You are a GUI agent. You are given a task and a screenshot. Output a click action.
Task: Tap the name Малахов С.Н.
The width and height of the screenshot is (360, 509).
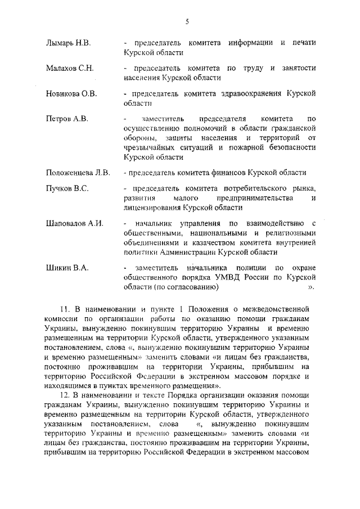click(70, 67)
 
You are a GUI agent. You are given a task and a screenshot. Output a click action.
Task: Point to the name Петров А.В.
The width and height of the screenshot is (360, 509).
click(67, 119)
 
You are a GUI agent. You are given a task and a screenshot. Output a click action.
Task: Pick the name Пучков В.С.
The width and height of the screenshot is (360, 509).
click(67, 188)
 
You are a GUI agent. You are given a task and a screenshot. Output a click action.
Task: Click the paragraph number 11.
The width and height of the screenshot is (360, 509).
click(64, 309)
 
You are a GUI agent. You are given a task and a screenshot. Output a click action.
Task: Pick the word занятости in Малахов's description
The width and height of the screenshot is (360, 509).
click(298, 68)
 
